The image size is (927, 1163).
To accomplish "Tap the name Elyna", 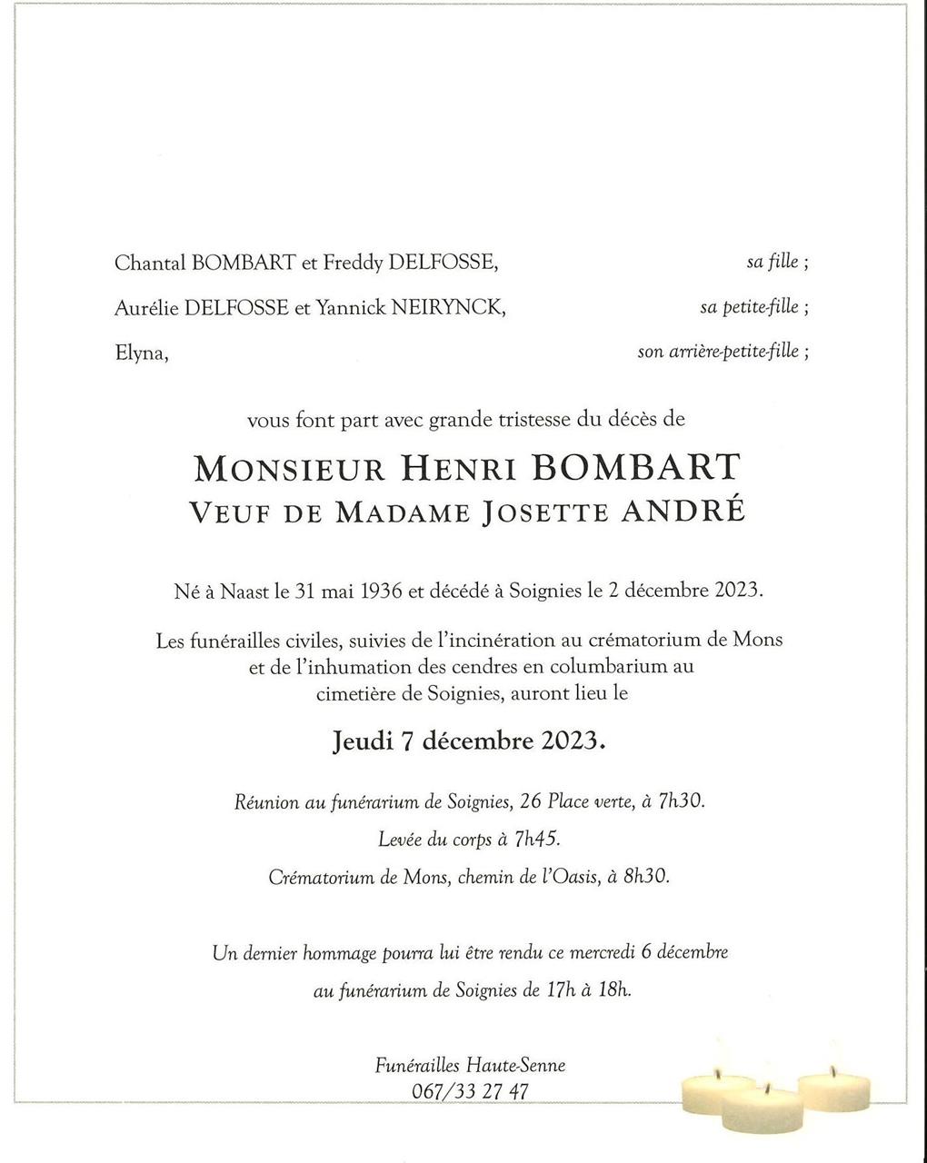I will pyautogui.click(x=141, y=353).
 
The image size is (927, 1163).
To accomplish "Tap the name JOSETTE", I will pyautogui.click(x=546, y=512).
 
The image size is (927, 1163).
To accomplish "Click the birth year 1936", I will pyautogui.click(x=381, y=591).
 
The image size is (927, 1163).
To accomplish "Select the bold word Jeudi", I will pyautogui.click(x=363, y=741).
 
